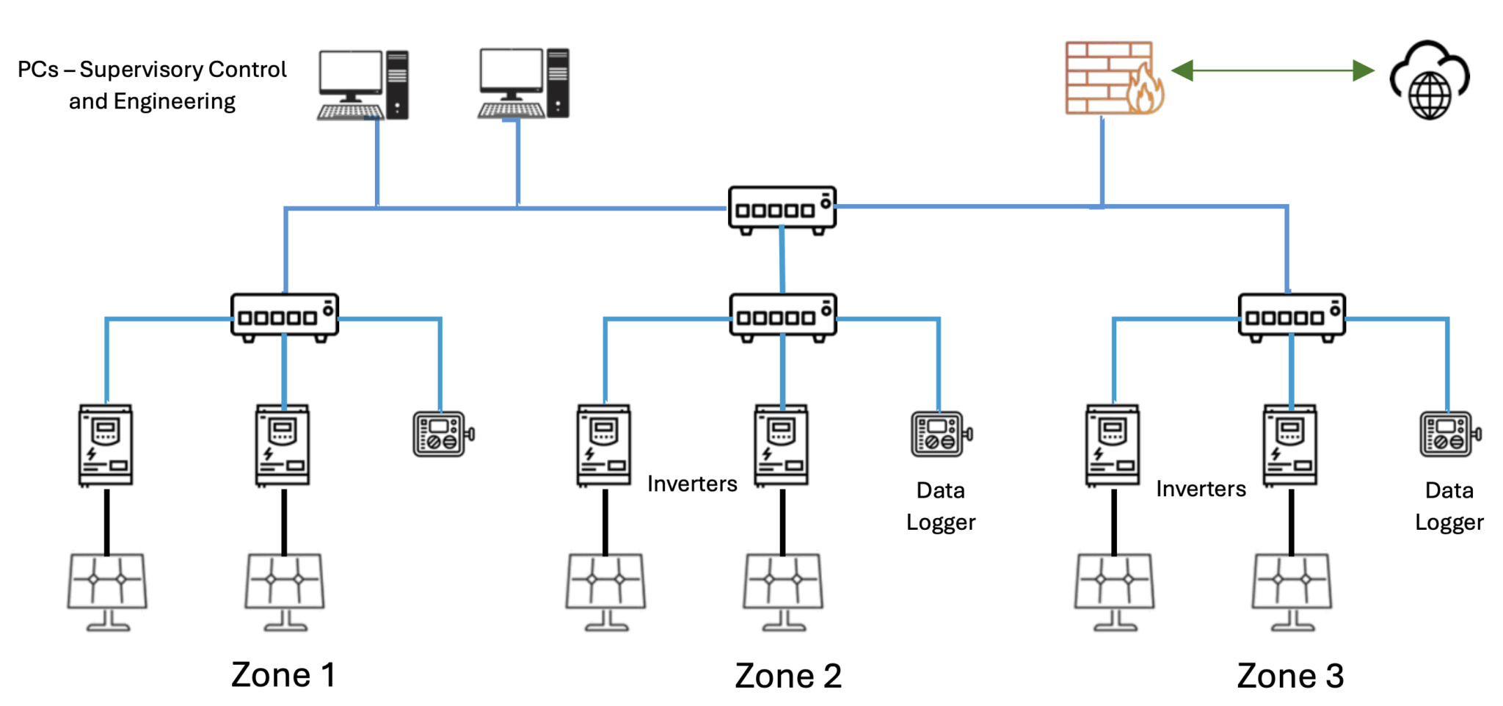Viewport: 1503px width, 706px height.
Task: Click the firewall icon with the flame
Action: point(1113,78)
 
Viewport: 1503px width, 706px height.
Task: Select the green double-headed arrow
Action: point(1273,70)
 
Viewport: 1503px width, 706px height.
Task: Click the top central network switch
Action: point(782,210)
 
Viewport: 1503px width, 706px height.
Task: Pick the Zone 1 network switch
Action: point(284,317)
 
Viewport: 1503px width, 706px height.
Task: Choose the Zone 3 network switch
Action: point(1291,317)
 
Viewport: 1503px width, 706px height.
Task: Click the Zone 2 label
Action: point(788,676)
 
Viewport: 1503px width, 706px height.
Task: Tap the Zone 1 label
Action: point(283,674)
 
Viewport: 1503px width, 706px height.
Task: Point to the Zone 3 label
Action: point(1290,676)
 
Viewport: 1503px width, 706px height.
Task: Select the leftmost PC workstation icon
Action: point(363,84)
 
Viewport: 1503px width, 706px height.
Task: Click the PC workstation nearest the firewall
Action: point(523,83)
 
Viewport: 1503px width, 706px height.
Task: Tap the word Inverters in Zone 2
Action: point(692,484)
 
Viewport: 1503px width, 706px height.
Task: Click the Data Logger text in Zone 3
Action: point(1449,506)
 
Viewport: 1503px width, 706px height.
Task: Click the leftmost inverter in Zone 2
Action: point(603,445)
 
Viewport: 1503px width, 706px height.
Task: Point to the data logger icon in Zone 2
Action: point(940,434)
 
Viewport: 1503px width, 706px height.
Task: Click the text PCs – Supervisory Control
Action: point(152,70)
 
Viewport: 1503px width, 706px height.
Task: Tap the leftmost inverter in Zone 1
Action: point(106,445)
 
